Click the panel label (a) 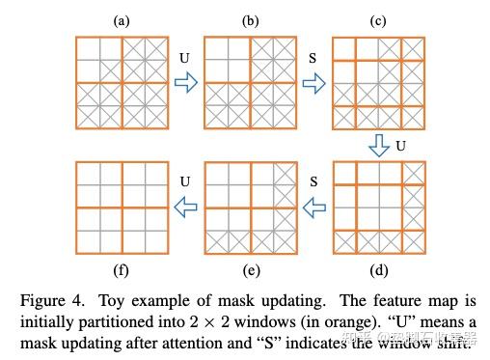[x=122, y=19]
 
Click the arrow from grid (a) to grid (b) [x=186, y=84]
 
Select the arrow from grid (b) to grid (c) [x=314, y=84]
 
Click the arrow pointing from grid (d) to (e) [x=314, y=206]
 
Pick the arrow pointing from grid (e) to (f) [x=186, y=206]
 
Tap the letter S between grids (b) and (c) [x=312, y=60]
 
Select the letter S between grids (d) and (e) [x=312, y=181]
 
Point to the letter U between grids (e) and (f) [x=184, y=181]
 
